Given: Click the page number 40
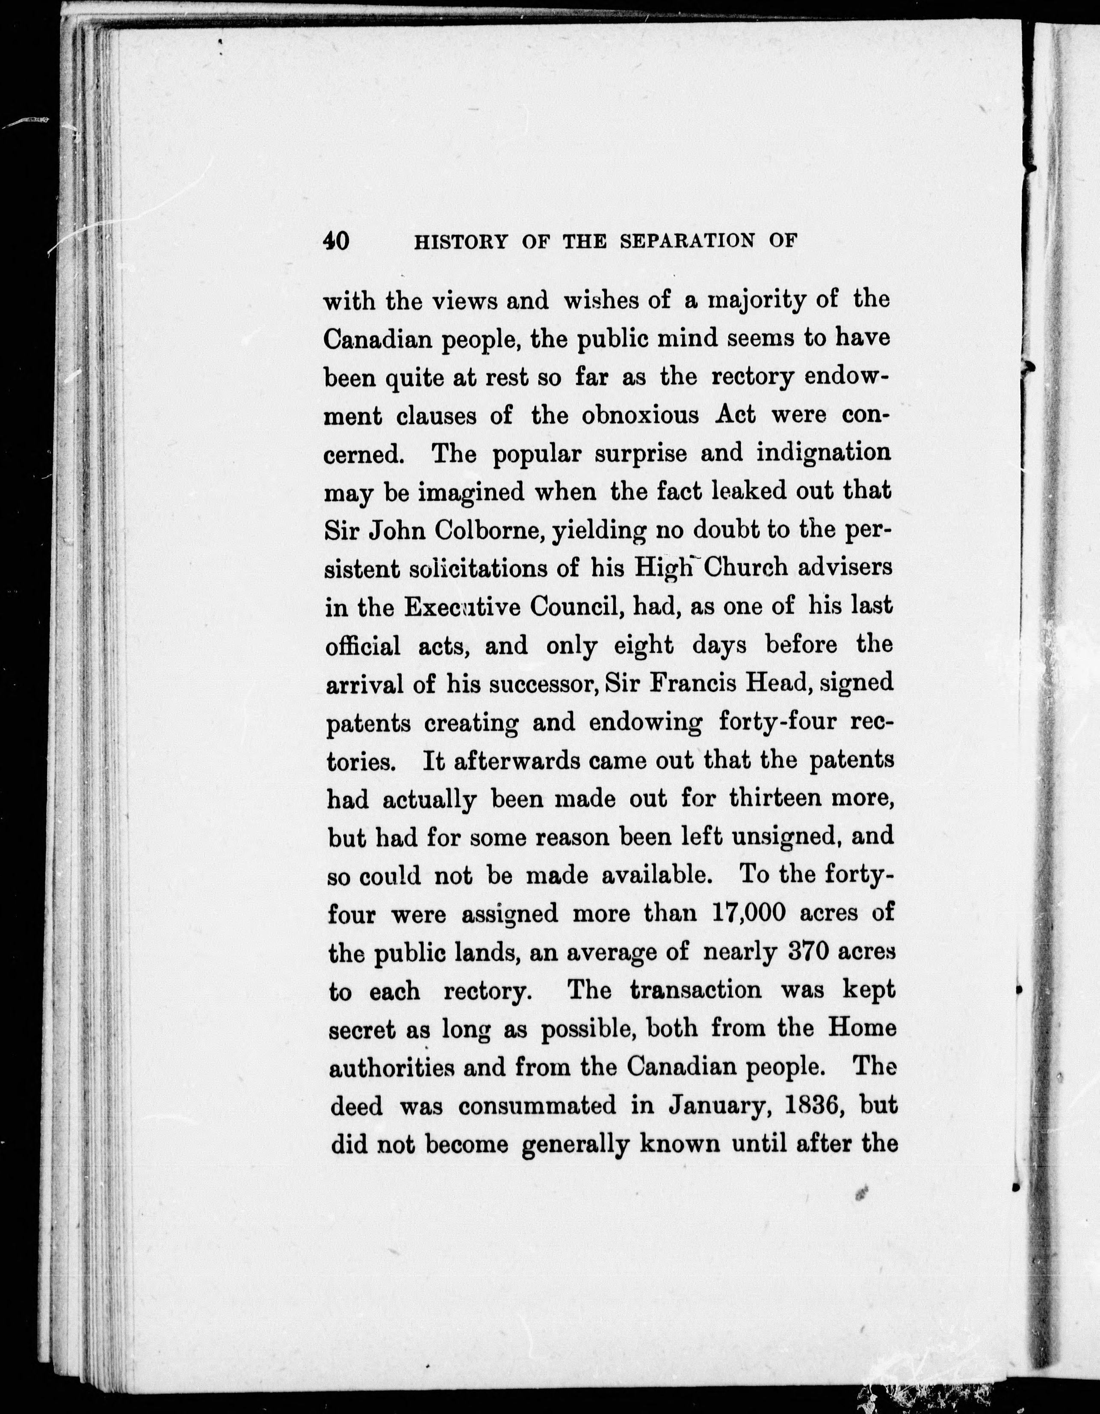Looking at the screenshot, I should (x=336, y=241).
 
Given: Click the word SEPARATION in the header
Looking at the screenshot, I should (x=687, y=241).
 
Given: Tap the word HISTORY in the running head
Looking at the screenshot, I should (x=460, y=241).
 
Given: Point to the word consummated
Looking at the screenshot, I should (x=537, y=1105).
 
